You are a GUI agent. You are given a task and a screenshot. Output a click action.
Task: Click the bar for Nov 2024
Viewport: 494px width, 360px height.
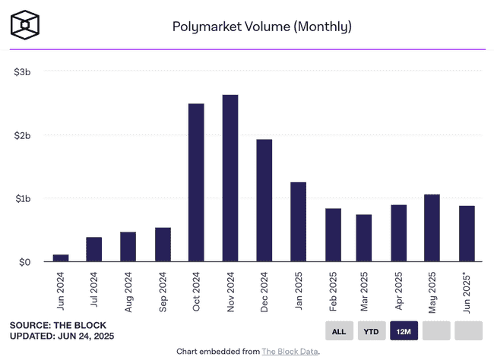[x=230, y=178]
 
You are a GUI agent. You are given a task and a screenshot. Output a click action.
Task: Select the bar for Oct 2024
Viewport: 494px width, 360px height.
[x=196, y=183]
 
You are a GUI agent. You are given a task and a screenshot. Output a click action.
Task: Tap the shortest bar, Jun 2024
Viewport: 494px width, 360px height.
[x=60, y=258]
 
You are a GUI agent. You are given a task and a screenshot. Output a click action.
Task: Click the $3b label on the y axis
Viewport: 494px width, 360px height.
[x=22, y=71]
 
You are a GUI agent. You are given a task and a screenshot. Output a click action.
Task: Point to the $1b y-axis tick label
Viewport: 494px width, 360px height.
[x=22, y=198]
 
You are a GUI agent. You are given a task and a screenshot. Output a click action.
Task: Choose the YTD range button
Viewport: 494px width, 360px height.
[x=372, y=331]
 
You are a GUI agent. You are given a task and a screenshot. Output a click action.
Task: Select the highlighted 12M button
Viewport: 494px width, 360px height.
[x=404, y=331]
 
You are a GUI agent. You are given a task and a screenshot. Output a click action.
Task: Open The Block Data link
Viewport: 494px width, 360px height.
[x=290, y=352]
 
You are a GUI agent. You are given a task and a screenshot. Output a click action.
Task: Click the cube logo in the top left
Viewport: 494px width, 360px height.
[x=25, y=25]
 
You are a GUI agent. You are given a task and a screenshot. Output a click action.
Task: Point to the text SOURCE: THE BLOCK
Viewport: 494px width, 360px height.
[x=57, y=325]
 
